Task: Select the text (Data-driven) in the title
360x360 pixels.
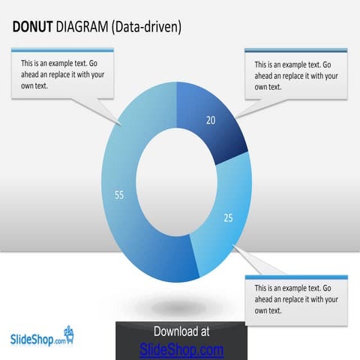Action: point(146,28)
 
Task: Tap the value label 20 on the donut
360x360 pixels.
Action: point(211,120)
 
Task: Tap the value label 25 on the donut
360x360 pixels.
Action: point(228,218)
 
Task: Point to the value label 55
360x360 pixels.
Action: point(118,195)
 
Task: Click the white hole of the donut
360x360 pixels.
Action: point(177,181)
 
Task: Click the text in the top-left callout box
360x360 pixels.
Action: point(62,74)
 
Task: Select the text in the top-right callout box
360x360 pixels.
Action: point(295,76)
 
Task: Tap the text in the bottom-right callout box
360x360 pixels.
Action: point(295,298)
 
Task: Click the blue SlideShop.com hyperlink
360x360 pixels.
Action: point(181,349)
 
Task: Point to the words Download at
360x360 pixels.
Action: point(181,331)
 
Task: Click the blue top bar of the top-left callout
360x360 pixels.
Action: point(62,50)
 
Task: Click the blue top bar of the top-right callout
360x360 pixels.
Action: point(296,50)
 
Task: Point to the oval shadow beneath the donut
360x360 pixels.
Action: point(178,307)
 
